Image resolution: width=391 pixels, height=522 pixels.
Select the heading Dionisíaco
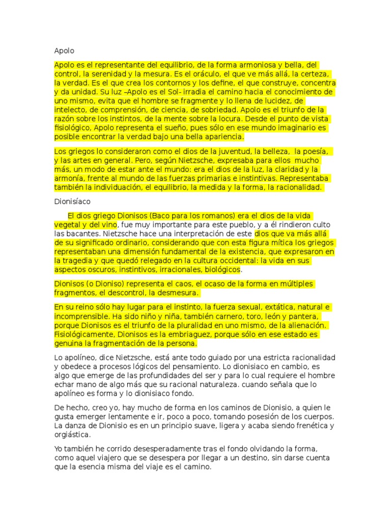[x=72, y=201]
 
